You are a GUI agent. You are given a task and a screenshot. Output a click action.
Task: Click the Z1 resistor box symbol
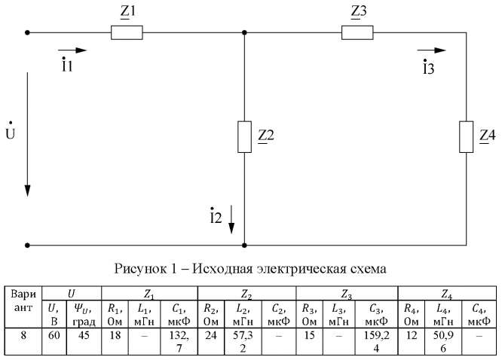[127, 32]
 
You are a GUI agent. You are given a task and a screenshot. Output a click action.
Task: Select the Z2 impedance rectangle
[244, 136]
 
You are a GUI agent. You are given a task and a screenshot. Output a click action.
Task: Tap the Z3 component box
[357, 32]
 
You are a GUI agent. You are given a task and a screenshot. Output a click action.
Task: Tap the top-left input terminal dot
[28, 32]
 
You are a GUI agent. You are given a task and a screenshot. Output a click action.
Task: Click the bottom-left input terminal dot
[28, 245]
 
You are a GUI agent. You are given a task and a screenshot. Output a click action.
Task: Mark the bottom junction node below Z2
[244, 245]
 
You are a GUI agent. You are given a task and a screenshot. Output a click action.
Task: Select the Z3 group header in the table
[347, 291]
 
